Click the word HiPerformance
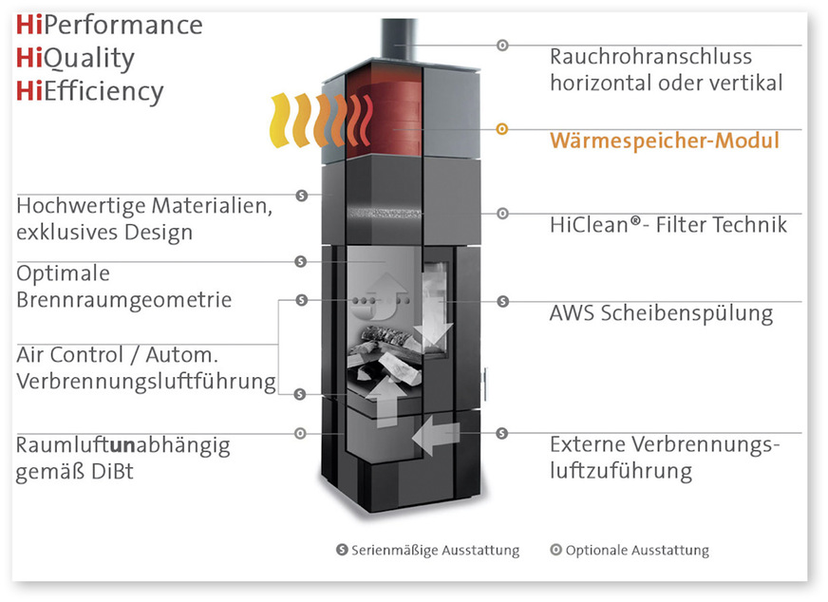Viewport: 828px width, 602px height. (109, 25)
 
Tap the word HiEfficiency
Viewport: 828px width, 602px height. (90, 91)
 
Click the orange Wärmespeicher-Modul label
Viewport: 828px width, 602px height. (664, 141)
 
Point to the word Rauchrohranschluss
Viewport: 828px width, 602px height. (650, 57)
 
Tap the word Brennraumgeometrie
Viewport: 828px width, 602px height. (123, 300)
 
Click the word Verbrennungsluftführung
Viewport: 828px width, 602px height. (146, 382)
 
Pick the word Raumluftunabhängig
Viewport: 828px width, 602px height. (122, 444)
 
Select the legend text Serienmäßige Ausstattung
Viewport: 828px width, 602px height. (435, 550)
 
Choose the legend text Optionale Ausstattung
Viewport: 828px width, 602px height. (636, 550)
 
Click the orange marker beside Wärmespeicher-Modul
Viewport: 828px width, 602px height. (502, 128)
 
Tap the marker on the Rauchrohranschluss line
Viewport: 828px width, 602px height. (502, 45)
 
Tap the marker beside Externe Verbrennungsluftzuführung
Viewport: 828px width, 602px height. (502, 433)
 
